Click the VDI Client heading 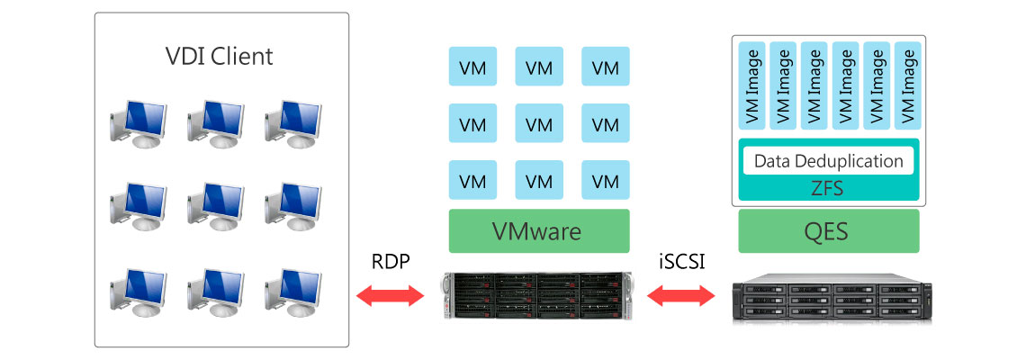(x=220, y=57)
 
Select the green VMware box (x=538, y=231)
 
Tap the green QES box (x=829, y=231)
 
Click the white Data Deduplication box (x=829, y=161)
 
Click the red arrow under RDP (x=391, y=296)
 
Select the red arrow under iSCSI (x=679, y=296)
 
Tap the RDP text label (x=391, y=262)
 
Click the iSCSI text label (x=680, y=262)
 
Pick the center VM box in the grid (x=539, y=123)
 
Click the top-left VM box (x=472, y=67)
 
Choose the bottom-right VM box (x=606, y=180)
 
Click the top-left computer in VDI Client (x=138, y=122)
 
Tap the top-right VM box (x=606, y=67)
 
